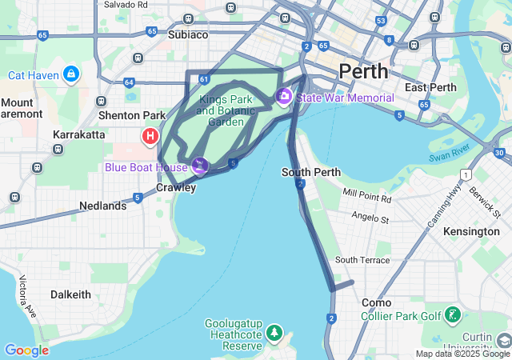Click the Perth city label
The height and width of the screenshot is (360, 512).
click(364, 71)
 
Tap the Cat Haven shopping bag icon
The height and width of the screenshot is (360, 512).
click(72, 75)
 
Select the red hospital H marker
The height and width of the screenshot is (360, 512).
click(149, 137)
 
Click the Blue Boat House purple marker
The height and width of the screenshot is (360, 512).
click(200, 166)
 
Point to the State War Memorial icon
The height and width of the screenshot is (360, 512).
click(283, 97)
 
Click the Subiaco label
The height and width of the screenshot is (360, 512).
click(188, 34)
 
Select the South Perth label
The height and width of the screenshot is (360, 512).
click(311, 172)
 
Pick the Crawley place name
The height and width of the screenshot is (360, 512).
click(175, 188)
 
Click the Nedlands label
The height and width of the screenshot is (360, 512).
click(102, 206)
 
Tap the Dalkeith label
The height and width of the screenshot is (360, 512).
click(70, 294)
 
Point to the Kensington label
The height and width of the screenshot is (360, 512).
click(472, 231)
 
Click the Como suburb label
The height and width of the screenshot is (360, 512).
click(376, 302)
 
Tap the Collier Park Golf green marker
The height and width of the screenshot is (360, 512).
click(454, 315)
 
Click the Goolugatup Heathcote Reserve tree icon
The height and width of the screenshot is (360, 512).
click(274, 331)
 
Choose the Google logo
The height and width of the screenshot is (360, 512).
click(26, 350)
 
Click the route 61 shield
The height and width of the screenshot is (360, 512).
click(206, 79)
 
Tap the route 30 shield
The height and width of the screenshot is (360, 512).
click(498, 153)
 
